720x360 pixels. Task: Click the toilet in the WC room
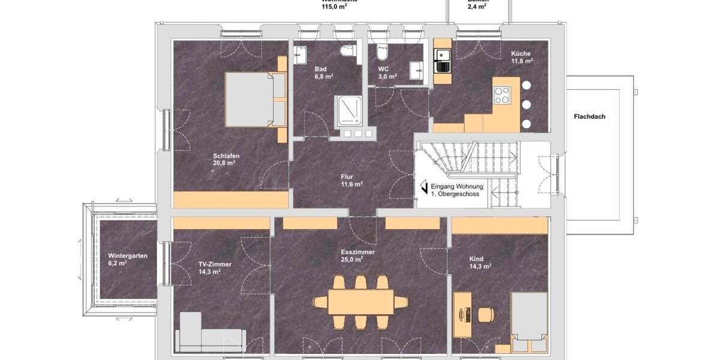click(x=382, y=55)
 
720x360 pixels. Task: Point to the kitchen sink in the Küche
click(x=443, y=56)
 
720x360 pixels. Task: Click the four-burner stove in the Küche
click(x=501, y=95)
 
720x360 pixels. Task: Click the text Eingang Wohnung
click(x=457, y=187)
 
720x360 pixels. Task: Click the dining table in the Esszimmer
click(x=361, y=301)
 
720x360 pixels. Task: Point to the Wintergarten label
click(x=128, y=255)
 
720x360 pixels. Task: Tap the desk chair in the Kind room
click(x=487, y=313)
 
